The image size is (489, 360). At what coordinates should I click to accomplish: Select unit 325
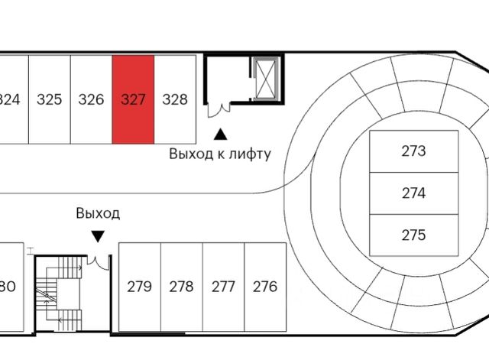(49, 99)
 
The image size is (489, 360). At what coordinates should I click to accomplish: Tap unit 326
(91, 99)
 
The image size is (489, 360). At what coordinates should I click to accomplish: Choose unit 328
(174, 99)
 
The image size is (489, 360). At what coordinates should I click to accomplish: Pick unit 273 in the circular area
(413, 151)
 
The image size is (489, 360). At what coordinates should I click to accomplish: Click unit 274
(413, 193)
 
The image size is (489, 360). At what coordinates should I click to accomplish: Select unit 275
(413, 235)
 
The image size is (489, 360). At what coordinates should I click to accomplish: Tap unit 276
(265, 287)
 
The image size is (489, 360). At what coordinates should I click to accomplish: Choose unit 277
(223, 287)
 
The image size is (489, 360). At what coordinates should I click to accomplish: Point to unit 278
(181, 287)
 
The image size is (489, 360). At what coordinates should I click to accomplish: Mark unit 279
(140, 287)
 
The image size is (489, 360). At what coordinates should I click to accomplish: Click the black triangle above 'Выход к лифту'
(220, 135)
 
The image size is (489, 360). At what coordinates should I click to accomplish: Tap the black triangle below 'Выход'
(98, 236)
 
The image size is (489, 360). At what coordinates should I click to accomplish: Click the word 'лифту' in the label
(247, 154)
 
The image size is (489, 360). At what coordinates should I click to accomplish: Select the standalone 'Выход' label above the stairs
(98, 213)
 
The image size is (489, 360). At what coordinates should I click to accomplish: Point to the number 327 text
(133, 99)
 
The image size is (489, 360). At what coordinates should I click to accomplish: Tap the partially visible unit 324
(10, 99)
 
